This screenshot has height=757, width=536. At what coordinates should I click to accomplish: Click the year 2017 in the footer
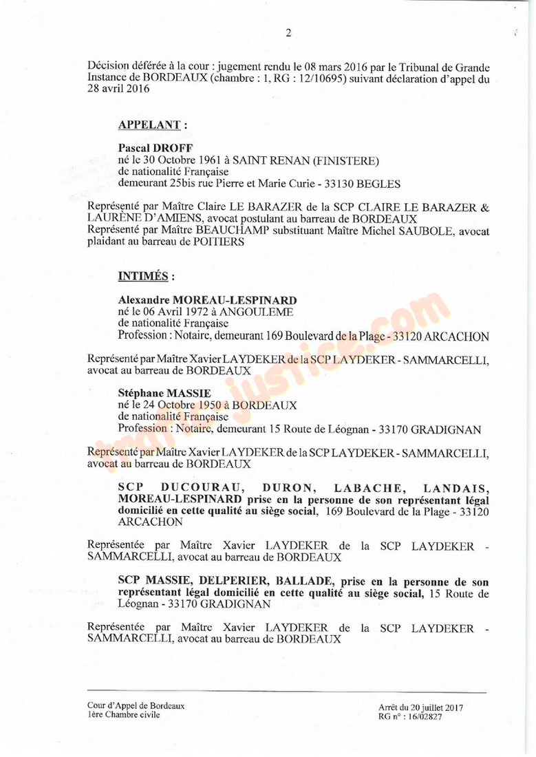pos(451,707)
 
